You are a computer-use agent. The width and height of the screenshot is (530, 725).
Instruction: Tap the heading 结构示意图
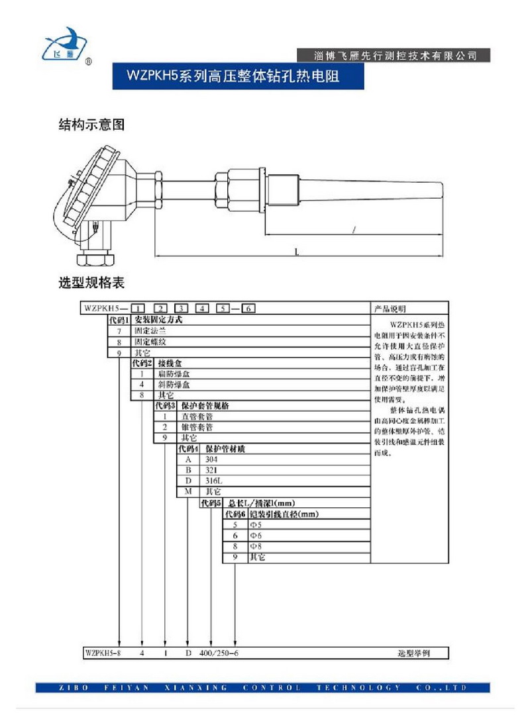[x=91, y=125]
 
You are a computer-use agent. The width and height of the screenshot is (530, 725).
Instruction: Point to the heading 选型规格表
[x=91, y=283]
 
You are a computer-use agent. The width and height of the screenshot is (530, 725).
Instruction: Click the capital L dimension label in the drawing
[x=297, y=252]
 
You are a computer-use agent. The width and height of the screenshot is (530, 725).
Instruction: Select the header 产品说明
[x=390, y=309]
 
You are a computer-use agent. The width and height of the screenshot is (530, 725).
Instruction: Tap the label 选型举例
[x=413, y=653]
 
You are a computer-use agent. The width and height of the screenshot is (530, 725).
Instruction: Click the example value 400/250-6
[x=219, y=653]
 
